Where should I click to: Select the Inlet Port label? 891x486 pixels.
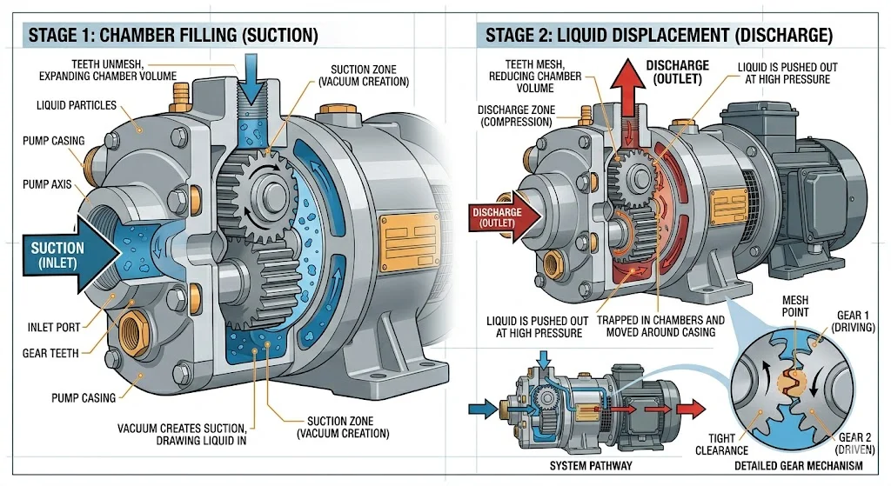coord(53,328)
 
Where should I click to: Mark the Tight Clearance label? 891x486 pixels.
coord(721,444)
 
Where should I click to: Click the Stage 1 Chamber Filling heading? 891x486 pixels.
coord(173,36)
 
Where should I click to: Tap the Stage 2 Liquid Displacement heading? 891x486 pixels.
coord(659,36)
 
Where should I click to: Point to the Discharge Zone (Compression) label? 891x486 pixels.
coord(513,116)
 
